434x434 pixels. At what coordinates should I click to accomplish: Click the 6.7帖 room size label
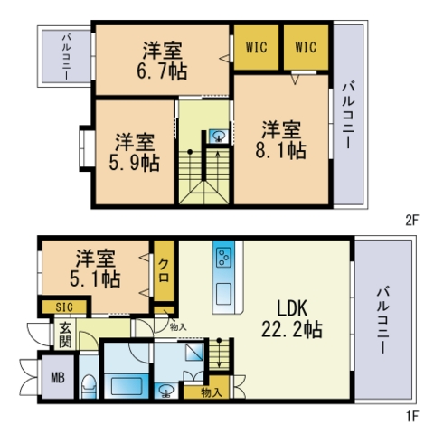[x=164, y=60]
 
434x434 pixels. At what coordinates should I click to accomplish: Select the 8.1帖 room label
[x=284, y=140]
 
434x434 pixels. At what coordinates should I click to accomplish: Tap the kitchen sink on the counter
[x=223, y=293]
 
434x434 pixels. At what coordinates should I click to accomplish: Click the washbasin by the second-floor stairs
[x=218, y=137]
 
